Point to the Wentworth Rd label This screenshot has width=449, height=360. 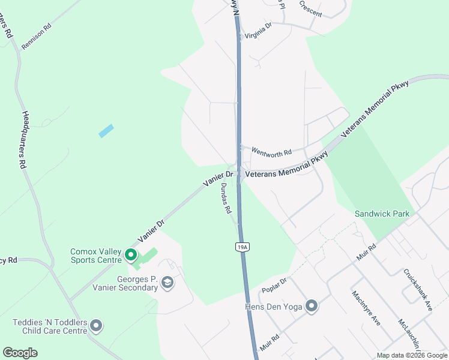(271, 153)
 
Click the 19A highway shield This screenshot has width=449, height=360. (241, 246)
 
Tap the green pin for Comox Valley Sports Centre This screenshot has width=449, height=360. (130, 256)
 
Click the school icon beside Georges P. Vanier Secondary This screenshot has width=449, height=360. (167, 283)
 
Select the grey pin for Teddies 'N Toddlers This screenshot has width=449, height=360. (96, 327)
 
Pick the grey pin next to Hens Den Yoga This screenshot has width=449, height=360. (311, 307)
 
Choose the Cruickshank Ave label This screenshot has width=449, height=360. (418, 289)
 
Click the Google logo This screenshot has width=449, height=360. (20, 353)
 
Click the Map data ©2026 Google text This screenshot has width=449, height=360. (412, 355)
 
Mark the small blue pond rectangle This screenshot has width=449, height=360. (106, 131)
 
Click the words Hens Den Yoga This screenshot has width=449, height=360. (272, 307)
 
